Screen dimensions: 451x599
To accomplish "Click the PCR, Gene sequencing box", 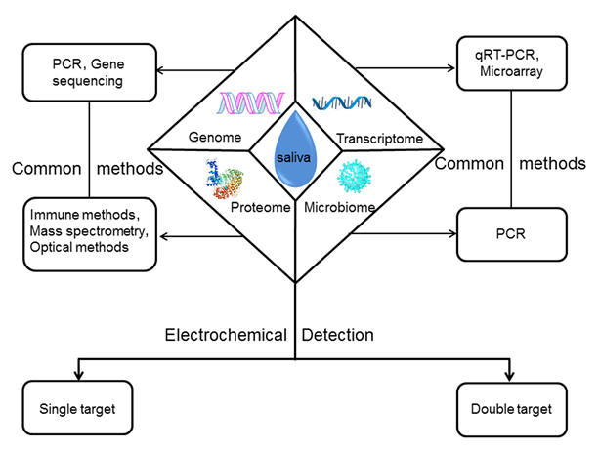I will point(91,71).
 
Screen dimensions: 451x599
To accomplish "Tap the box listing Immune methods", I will point(91,232).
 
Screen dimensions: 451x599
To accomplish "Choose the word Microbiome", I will point(336,208).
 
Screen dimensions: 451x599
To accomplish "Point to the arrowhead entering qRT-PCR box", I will point(452,69).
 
